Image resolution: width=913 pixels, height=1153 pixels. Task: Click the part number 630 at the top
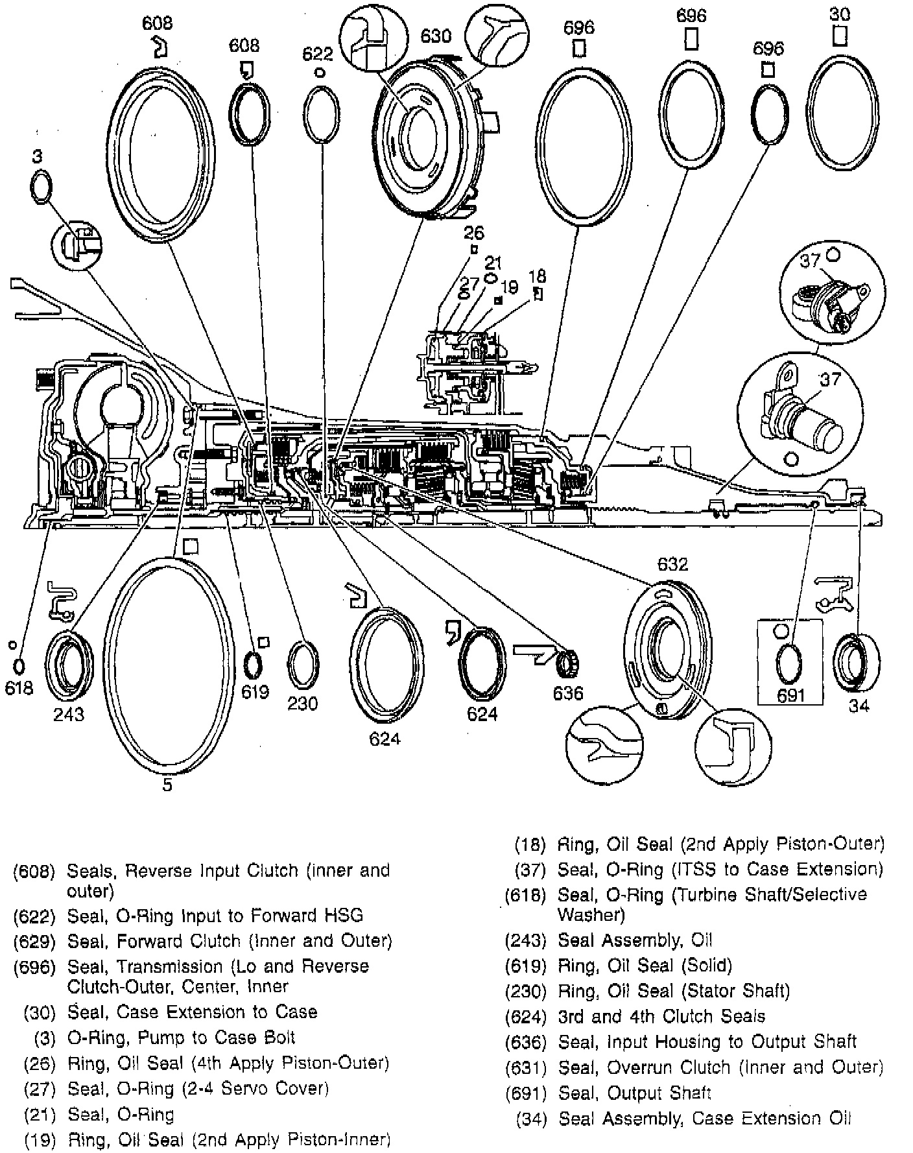pos(436,35)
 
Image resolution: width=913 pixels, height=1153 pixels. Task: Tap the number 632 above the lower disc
pos(672,564)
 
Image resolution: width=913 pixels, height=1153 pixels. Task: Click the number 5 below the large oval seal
pos(167,785)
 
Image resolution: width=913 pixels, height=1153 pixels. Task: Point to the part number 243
pos(69,714)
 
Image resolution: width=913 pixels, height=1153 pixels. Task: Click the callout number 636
pos(568,693)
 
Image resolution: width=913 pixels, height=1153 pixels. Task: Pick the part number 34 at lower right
pos(859,706)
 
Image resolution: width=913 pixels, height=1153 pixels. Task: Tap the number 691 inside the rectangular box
pos(790,696)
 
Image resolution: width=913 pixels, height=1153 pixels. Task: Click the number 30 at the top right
pos(840,14)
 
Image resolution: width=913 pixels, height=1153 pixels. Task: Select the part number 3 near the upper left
pos(38,156)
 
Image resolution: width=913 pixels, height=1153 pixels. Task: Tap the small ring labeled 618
pos(19,665)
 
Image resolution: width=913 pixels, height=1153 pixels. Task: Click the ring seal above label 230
pos(302,666)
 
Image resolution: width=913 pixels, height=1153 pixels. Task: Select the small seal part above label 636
pos(569,663)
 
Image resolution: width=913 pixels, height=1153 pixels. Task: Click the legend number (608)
pos(34,871)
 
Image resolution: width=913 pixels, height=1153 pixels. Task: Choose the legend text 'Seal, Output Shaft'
pos(634,1093)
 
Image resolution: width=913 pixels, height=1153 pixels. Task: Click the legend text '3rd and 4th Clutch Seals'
pos(661,1016)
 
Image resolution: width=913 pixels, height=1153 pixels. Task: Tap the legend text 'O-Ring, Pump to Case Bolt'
pos(181,1037)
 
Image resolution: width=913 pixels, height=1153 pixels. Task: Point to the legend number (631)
pos(526,1067)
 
